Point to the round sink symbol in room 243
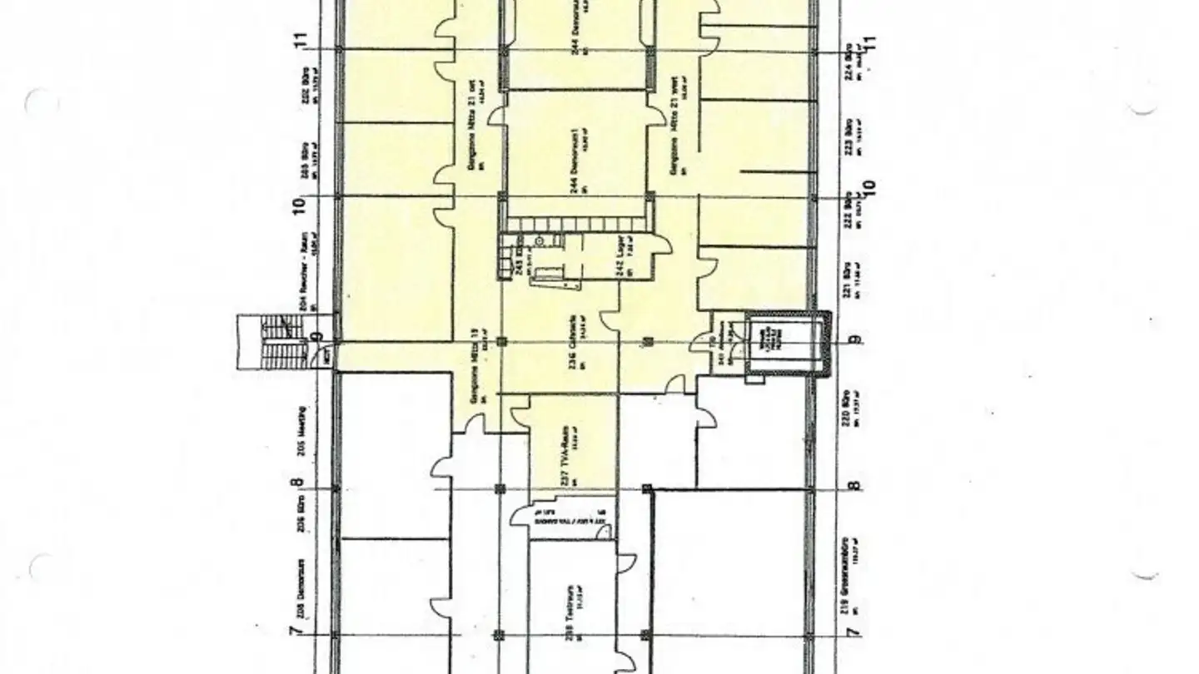point(540,241)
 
